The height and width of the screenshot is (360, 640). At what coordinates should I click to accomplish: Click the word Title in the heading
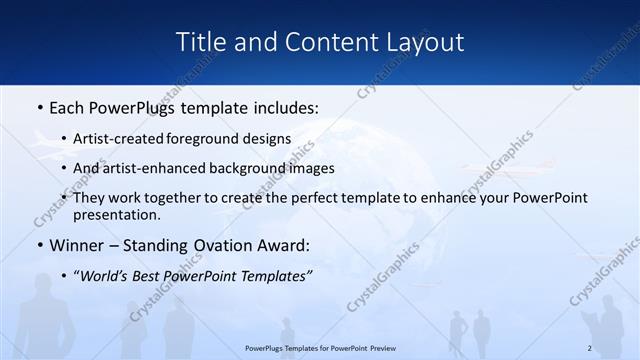(x=199, y=42)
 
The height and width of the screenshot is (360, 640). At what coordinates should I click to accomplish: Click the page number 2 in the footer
(x=590, y=347)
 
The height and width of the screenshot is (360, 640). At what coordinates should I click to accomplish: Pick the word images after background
(x=334, y=168)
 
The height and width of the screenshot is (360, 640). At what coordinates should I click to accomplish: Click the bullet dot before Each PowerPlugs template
(x=39, y=105)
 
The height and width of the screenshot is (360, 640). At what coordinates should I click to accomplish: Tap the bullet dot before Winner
(x=39, y=245)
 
